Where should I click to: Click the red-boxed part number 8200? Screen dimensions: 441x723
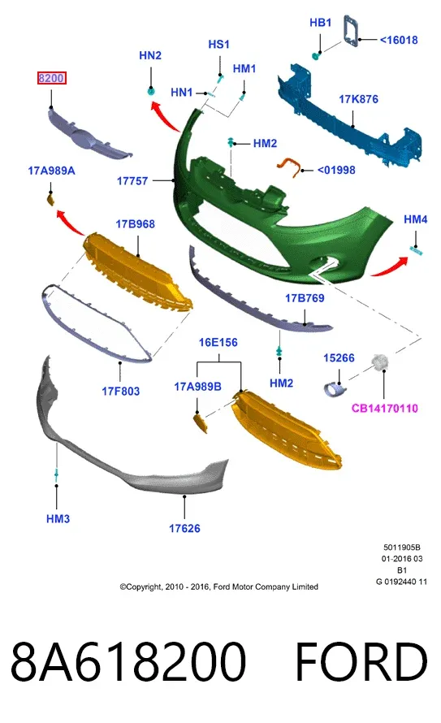[x=51, y=78]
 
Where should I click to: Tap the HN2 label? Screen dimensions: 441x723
[x=150, y=55]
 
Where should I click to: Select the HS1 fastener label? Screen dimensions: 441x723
[x=219, y=44]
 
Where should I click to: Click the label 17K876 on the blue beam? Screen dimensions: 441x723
[x=358, y=99]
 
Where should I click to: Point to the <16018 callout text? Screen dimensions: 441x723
[x=399, y=40]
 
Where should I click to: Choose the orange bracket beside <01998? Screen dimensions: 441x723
[x=288, y=166]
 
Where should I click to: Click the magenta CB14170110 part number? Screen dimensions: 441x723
[x=385, y=408]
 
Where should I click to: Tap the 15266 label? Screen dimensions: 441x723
[x=339, y=357]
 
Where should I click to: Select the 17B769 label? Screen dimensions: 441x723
[x=305, y=298]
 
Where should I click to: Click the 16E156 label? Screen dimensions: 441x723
[x=218, y=343]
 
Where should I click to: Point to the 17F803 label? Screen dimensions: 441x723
[x=121, y=392]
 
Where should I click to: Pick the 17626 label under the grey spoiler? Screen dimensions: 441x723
[x=185, y=528]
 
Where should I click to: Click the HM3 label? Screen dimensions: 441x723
[x=58, y=519]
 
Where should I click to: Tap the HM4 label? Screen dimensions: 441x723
[x=416, y=219]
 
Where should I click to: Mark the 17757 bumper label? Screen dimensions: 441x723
[x=132, y=180]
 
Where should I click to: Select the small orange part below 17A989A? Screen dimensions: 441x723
[x=50, y=200]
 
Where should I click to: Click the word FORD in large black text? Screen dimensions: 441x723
[x=361, y=662]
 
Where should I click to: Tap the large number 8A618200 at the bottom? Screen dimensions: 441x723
[x=128, y=662]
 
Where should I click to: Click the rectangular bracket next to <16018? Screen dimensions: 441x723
[x=351, y=30]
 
